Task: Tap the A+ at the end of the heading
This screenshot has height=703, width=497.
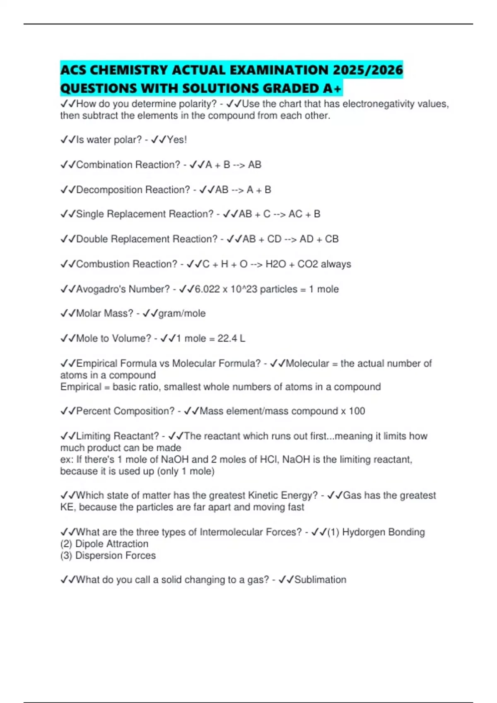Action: click(x=332, y=88)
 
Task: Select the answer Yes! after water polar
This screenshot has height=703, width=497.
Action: click(x=177, y=140)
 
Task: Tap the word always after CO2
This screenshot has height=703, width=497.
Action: click(x=336, y=264)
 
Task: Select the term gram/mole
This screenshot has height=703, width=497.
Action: click(x=182, y=313)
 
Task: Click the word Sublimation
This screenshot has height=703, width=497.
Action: click(x=320, y=580)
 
